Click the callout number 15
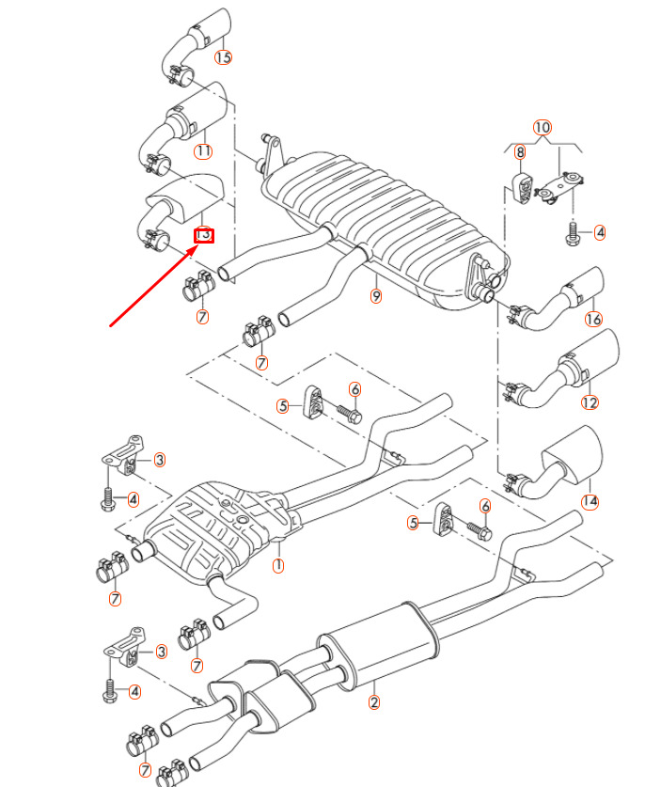pyautogui.click(x=223, y=57)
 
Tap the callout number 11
pyautogui.click(x=204, y=150)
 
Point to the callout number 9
pyautogui.click(x=376, y=297)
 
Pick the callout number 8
pyautogui.click(x=520, y=150)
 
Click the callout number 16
pyautogui.click(x=592, y=320)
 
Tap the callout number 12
pyautogui.click(x=590, y=403)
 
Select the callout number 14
pyautogui.click(x=590, y=501)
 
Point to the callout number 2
pyautogui.click(x=373, y=700)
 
